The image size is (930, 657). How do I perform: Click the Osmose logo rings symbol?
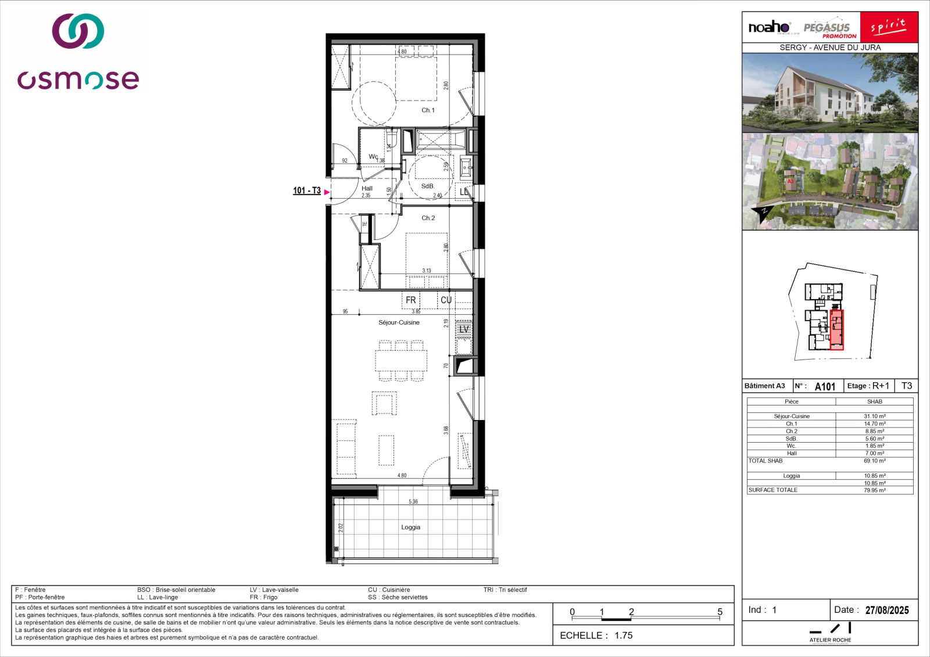78,31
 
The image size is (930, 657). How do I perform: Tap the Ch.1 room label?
428,110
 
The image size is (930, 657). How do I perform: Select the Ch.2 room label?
428,218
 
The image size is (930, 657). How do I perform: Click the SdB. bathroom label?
427,186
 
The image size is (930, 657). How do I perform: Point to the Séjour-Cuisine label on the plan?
399,323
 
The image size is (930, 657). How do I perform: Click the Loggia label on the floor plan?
410,527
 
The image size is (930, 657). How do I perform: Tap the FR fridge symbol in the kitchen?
411,300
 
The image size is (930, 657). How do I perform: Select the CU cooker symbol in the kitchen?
446,300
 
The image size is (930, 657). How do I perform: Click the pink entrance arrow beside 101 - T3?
327,192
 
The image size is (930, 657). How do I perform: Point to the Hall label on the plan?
367,189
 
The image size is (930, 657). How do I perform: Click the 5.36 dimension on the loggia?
413,502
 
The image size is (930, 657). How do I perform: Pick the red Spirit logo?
888,27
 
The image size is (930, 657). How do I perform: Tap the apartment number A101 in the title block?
825,387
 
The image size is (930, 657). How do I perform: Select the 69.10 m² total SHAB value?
874,461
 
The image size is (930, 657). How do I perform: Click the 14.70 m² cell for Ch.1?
874,424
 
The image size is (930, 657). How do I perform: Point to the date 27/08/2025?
887,611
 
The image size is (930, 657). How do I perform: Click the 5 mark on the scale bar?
720,612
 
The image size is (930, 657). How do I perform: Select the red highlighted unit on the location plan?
836,330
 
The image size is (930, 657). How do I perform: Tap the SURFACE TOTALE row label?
772,490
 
